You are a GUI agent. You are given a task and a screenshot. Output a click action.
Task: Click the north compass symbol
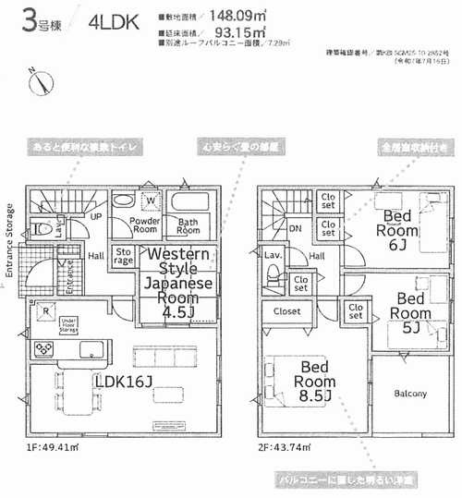click(x=39, y=82)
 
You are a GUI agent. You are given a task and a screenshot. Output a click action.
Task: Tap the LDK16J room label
click(x=121, y=382)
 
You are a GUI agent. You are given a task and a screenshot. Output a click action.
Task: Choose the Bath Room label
click(x=188, y=226)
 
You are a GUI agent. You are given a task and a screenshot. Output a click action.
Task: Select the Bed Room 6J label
click(x=399, y=227)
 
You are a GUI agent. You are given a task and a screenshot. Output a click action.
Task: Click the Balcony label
click(x=408, y=394)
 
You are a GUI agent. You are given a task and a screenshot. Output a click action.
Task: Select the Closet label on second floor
click(x=286, y=311)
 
